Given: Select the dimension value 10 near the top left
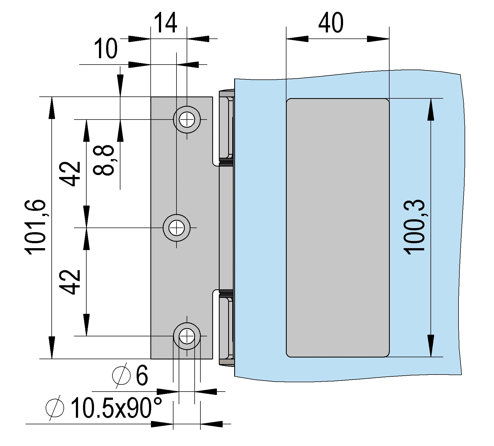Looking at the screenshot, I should pos(106,49).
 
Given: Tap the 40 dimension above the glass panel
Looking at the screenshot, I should pos(331,23).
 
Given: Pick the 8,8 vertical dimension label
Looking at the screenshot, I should pos(104,160).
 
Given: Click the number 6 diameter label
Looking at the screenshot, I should pos(142,375).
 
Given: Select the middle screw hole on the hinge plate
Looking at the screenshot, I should pos(176,228).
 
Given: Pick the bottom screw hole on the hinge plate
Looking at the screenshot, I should pos(187,336).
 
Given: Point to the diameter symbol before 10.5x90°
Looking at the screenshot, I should pos(55,408).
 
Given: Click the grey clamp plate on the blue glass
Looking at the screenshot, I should pos(338,228).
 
